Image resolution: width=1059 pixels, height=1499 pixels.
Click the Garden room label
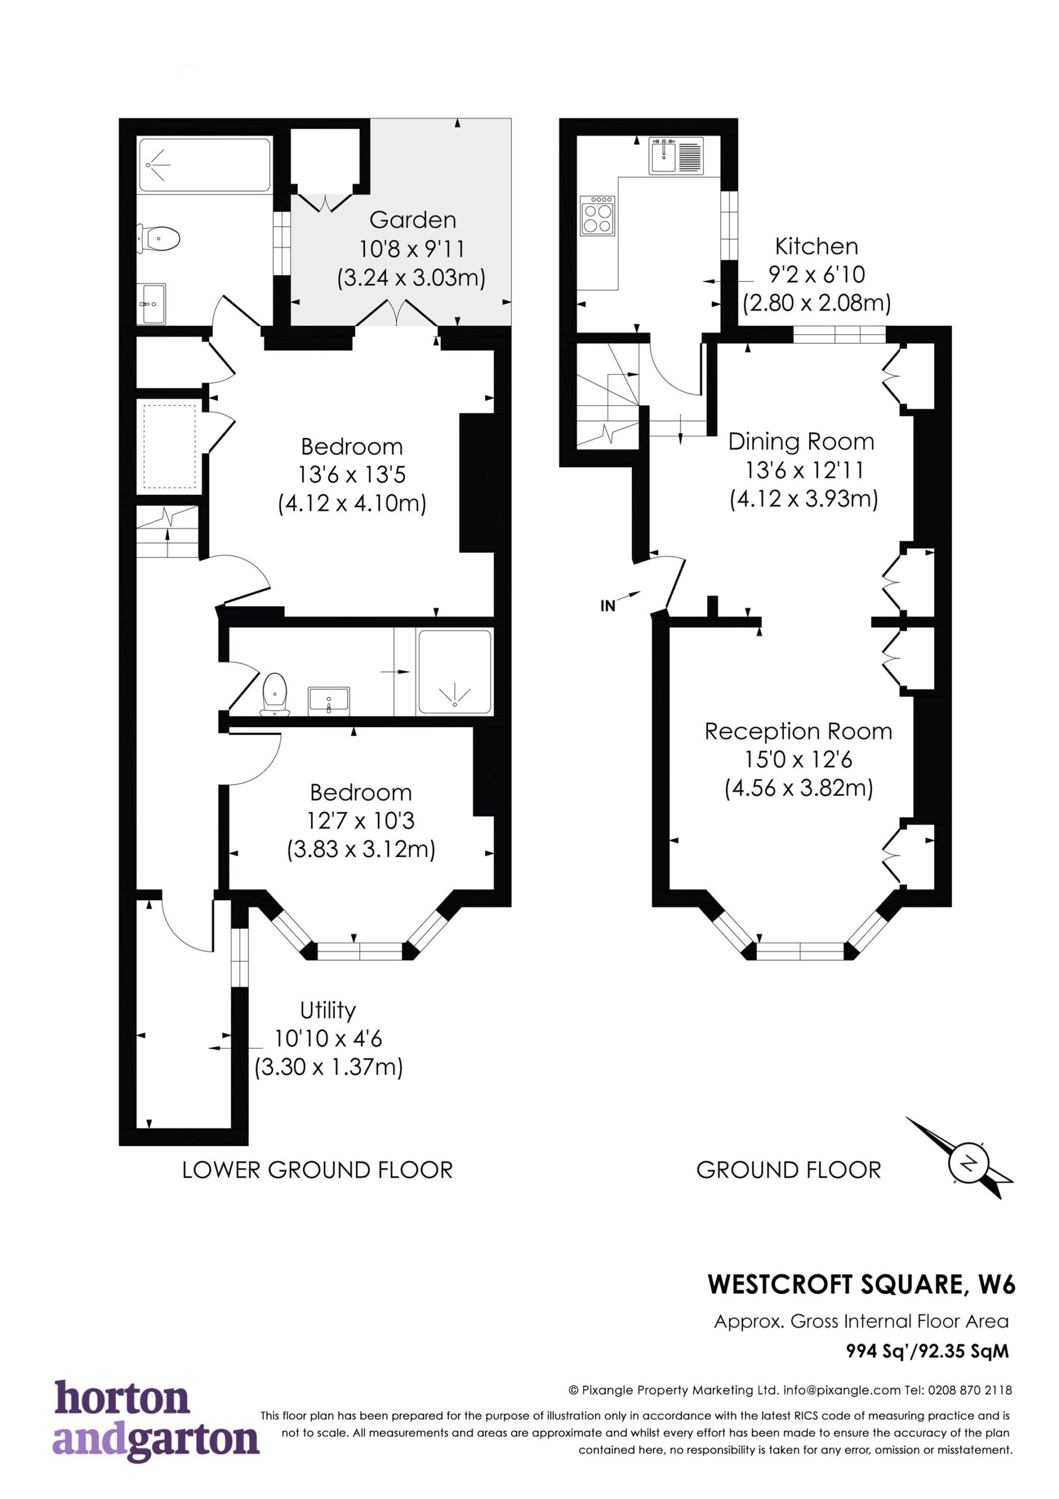[412, 220]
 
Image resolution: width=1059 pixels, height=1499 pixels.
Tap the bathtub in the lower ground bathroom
[205, 165]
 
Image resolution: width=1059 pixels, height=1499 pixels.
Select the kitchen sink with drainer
[676, 155]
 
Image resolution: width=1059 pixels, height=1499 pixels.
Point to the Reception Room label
[798, 731]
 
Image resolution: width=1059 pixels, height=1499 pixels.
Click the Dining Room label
[801, 442]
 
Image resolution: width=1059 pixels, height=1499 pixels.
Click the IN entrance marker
[607, 606]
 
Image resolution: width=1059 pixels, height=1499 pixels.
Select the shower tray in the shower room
[455, 671]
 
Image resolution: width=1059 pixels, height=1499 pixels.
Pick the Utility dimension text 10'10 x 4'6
[328, 1038]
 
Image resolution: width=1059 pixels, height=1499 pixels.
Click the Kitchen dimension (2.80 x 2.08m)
[817, 303]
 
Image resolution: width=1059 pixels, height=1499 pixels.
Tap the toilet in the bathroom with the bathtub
[157, 238]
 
